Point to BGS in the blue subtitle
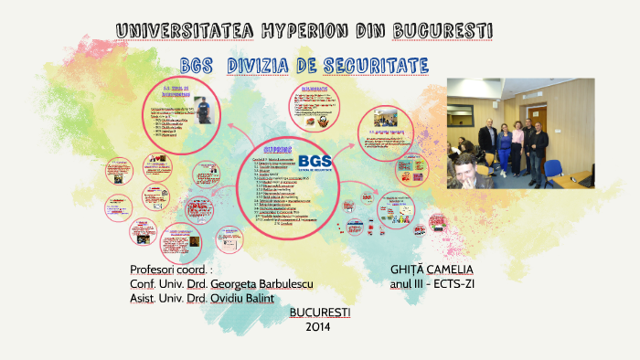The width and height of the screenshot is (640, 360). pos(197,66)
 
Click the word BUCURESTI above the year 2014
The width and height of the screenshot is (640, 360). pos(319,312)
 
